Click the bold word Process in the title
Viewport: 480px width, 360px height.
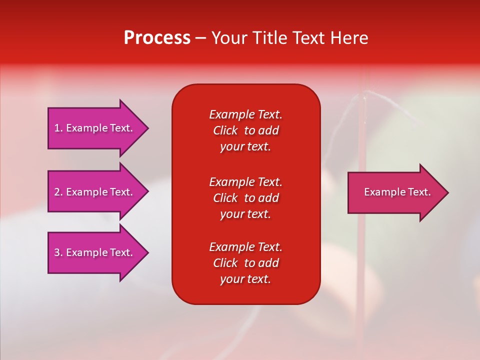pos(157,38)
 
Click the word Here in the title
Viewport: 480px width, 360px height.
pos(348,38)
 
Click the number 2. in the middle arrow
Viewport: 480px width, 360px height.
pos(58,192)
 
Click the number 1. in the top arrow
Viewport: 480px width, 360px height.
pos(58,128)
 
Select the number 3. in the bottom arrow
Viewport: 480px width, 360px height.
pos(58,252)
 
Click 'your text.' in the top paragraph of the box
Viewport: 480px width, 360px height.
pos(245,147)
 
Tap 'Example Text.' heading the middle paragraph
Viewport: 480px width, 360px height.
pos(245,181)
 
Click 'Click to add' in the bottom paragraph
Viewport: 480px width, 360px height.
pos(245,263)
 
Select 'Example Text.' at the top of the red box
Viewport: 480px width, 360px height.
pos(245,114)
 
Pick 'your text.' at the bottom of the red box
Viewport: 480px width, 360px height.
pos(245,279)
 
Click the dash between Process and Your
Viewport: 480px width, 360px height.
pos(201,38)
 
